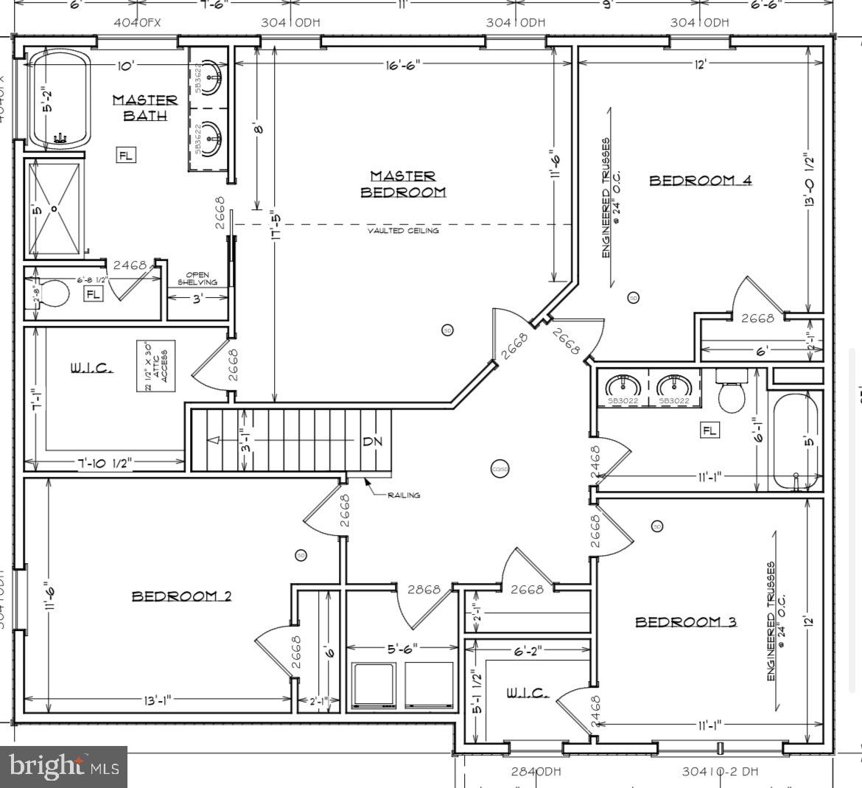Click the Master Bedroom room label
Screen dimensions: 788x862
pyautogui.click(x=403, y=184)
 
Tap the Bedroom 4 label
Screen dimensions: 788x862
pyautogui.click(x=700, y=181)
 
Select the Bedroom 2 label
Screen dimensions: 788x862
pyautogui.click(x=181, y=596)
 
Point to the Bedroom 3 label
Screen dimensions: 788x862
pyautogui.click(x=686, y=622)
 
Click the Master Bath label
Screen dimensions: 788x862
pyautogui.click(x=144, y=108)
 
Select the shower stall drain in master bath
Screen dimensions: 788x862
pyautogui.click(x=54, y=209)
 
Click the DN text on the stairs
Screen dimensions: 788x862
pyautogui.click(x=371, y=442)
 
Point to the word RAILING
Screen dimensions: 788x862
pyautogui.click(x=404, y=495)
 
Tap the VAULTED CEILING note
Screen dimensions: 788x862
pyautogui.click(x=403, y=231)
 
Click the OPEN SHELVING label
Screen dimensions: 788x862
pyautogui.click(x=197, y=279)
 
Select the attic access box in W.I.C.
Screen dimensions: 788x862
pyautogui.click(x=155, y=366)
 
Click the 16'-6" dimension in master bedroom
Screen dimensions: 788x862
pyautogui.click(x=402, y=66)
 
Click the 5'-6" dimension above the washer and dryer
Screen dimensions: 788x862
pyautogui.click(x=403, y=649)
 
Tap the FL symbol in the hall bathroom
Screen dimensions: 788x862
pyautogui.click(x=709, y=430)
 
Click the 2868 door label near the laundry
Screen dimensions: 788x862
pyautogui.click(x=424, y=590)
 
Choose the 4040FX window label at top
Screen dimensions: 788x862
pyautogui.click(x=137, y=22)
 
